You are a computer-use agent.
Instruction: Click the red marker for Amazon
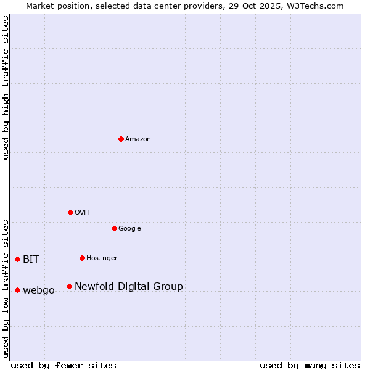pyautogui.click(x=121, y=139)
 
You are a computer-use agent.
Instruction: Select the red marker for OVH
pyautogui.click(x=70, y=212)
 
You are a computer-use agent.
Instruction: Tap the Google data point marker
pyautogui.click(x=114, y=228)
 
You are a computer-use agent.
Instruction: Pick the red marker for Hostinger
pyautogui.click(x=82, y=258)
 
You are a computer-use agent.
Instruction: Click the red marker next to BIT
pyautogui.click(x=17, y=259)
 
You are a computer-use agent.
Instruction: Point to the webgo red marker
pyautogui.click(x=17, y=290)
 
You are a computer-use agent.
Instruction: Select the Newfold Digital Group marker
pyautogui.click(x=69, y=286)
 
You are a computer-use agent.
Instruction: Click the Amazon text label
pyautogui.click(x=138, y=139)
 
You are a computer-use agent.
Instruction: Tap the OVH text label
pyautogui.click(x=82, y=213)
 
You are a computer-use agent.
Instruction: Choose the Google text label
pyautogui.click(x=129, y=229)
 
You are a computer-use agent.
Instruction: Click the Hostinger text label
pyautogui.click(x=102, y=258)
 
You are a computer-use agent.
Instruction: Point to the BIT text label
pyautogui.click(x=31, y=260)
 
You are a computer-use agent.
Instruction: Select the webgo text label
pyautogui.click(x=39, y=290)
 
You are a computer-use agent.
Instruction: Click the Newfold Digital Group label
pyautogui.click(x=129, y=287)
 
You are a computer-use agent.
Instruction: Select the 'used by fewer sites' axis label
pyautogui.click(x=64, y=365)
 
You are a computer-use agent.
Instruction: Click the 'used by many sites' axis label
pyautogui.click(x=310, y=365)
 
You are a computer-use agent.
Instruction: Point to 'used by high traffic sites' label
pyautogui.click(x=6, y=88)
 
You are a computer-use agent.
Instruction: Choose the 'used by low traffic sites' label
pyautogui.click(x=6, y=289)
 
